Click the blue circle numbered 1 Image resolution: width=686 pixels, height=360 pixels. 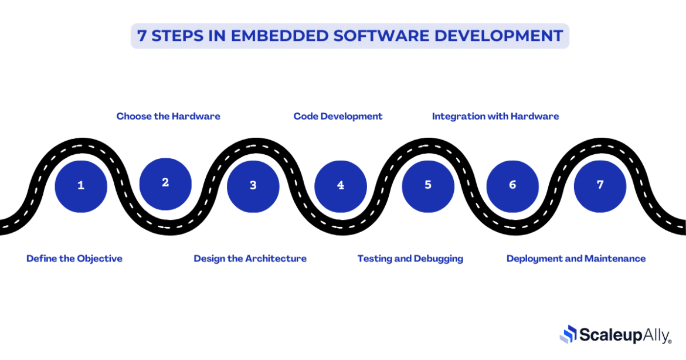coord(81,186)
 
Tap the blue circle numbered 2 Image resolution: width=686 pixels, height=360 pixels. coord(165,184)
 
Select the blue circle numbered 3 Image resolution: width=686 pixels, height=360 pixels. coord(253,186)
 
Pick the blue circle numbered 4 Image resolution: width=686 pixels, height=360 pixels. coord(341,186)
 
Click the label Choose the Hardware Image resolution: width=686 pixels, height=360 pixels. coord(168,116)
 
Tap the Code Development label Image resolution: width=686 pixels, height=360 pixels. coord(338,116)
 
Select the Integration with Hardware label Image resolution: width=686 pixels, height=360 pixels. coord(495,116)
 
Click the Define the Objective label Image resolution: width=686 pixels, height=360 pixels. coord(74,259)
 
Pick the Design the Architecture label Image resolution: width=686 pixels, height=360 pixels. coord(250,259)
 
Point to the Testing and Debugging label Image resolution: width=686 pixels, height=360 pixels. coord(410,259)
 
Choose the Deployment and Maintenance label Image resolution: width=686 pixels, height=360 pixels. coord(576,259)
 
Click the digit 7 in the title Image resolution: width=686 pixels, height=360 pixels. coord(142,36)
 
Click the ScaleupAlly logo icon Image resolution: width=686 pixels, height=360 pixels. coord(568,334)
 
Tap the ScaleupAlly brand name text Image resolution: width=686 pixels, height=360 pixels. coord(624,335)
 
